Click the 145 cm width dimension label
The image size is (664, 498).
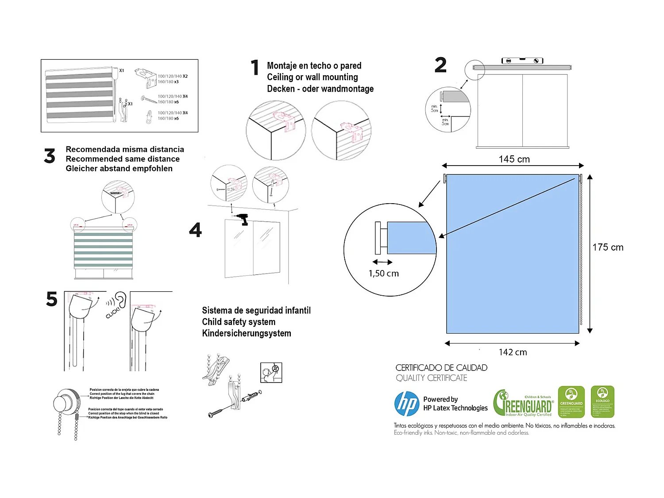pos(514,159)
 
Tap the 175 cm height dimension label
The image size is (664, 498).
pos(608,247)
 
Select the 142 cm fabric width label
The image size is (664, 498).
pos(513,352)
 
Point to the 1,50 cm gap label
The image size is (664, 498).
pos(383,274)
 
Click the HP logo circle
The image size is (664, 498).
pos(406,404)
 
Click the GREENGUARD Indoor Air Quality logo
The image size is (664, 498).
pos(524,403)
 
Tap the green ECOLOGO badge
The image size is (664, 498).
pos(602,401)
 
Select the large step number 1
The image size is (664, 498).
pos(255,68)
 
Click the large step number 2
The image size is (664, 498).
pos(440,66)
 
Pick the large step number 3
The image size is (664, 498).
pos(50,156)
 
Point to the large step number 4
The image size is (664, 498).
pos(195,230)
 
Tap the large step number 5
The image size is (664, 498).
pos(52,299)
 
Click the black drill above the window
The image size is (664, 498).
pos(243,219)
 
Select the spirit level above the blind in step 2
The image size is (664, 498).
pos(522,61)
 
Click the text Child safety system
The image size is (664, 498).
pos(239,322)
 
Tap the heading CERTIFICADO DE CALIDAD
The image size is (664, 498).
pos(441,368)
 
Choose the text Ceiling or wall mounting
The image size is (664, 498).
pos(312,77)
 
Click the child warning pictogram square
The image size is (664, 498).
pos(271,372)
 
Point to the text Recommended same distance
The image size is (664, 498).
pos(123,159)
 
